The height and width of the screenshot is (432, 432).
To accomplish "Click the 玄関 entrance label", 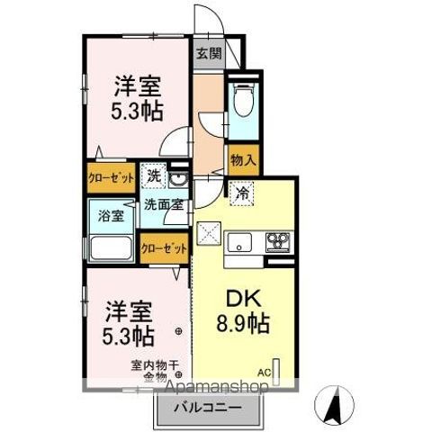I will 210,52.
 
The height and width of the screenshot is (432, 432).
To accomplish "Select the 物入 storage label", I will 240,160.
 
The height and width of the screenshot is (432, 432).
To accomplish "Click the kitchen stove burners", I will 277,240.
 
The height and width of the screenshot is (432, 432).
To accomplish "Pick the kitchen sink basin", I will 240,240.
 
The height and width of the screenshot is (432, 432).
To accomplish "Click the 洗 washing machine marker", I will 154,176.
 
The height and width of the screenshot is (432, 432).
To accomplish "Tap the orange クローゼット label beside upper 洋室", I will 110,177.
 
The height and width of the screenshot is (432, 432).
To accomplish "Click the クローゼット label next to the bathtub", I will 163,247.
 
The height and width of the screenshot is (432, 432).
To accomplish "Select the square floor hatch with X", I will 209,234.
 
